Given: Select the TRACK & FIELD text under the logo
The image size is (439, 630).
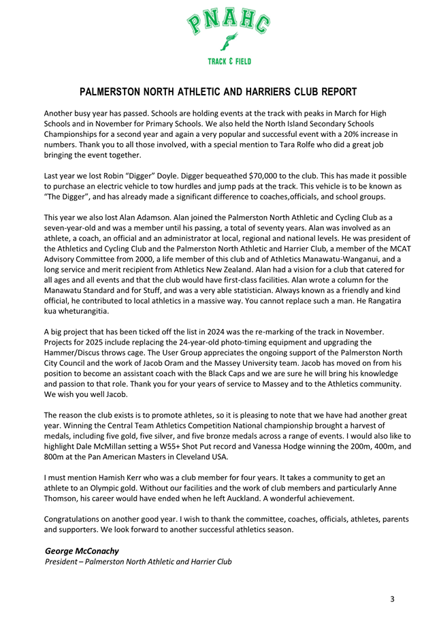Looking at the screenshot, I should (x=229, y=61).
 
